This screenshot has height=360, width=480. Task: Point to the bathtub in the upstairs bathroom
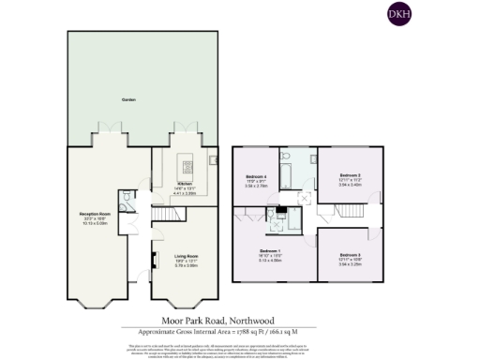[x=290, y=174]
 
